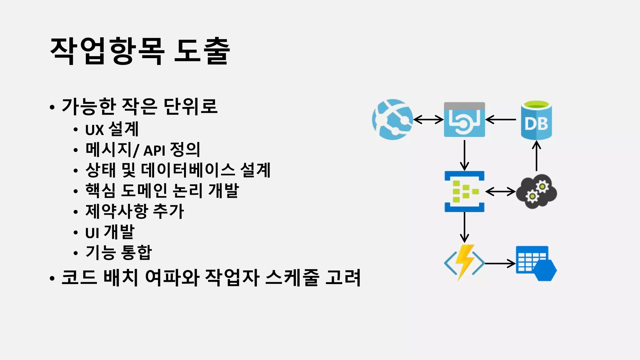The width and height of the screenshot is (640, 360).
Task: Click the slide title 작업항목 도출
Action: pos(140,51)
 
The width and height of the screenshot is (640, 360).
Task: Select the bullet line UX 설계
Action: pos(112,129)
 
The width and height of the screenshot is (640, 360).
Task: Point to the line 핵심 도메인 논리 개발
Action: pos(162,191)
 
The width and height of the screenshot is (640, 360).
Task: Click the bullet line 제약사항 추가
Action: pos(134,211)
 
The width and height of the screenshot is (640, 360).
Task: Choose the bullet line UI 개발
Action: pos(110,232)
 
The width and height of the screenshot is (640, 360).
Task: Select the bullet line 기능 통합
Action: pos(118,252)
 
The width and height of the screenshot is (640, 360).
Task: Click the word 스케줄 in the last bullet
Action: pos(292,277)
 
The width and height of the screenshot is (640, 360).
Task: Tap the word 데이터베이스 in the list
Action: pos(188,170)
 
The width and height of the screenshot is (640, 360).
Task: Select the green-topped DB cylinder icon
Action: pos(536,120)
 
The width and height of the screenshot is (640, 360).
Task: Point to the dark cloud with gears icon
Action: pos(536,191)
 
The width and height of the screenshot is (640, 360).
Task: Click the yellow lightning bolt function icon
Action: pos(464,262)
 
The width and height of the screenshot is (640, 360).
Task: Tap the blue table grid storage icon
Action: pos(536,263)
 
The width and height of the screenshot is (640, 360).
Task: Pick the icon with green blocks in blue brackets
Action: pos(464,191)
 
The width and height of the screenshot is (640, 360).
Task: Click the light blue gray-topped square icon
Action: pos(464,120)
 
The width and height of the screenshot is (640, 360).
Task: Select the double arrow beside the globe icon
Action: pos(428,119)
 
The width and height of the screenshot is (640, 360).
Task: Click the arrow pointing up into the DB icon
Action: pos(537,156)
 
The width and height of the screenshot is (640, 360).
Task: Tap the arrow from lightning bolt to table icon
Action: pos(500,263)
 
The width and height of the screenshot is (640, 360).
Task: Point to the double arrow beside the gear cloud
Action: pos(500,191)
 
